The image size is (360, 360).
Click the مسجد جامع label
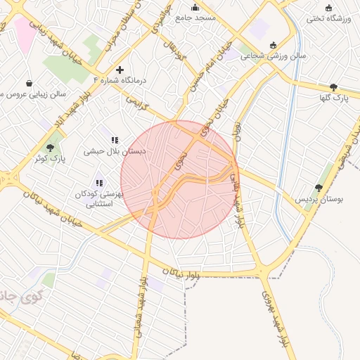click(x=195, y=17)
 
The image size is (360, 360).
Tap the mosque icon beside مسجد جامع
click(x=195, y=7)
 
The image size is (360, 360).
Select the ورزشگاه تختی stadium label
click(x=326, y=18)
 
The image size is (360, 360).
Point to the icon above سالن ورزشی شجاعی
click(x=273, y=45)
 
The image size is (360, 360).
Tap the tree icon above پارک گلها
click(x=333, y=86)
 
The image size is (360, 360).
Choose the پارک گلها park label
click(x=333, y=96)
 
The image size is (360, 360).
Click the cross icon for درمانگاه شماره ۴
click(x=120, y=70)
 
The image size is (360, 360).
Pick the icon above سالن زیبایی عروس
click(x=29, y=83)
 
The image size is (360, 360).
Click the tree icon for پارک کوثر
click(x=50, y=148)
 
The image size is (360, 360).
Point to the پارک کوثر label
click(x=49, y=158)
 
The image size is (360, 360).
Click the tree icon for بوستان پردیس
click(x=319, y=188)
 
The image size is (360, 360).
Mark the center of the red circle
click(x=180, y=180)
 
